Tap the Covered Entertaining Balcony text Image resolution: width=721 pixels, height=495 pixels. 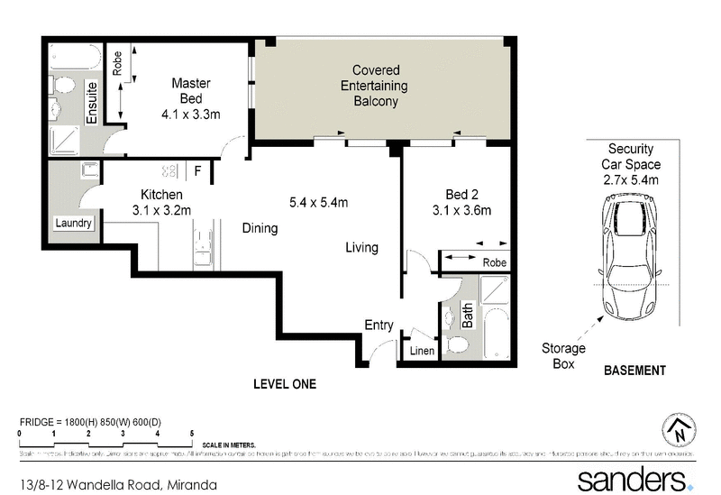[376, 86]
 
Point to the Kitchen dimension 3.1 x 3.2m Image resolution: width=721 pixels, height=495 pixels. [162, 211]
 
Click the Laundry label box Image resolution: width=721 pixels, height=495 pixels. [73, 223]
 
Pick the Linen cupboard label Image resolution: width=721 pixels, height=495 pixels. [421, 351]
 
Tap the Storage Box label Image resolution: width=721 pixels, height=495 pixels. [563, 356]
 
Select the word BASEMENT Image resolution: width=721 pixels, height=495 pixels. [634, 371]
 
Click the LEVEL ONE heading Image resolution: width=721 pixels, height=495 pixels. [285, 384]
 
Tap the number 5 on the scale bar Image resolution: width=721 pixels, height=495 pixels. [192, 434]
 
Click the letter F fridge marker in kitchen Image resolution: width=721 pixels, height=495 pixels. [196, 170]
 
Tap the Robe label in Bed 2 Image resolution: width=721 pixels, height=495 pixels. [494, 262]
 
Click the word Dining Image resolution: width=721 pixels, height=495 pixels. [260, 229]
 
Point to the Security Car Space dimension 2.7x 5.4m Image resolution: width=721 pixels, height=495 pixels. [631, 180]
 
